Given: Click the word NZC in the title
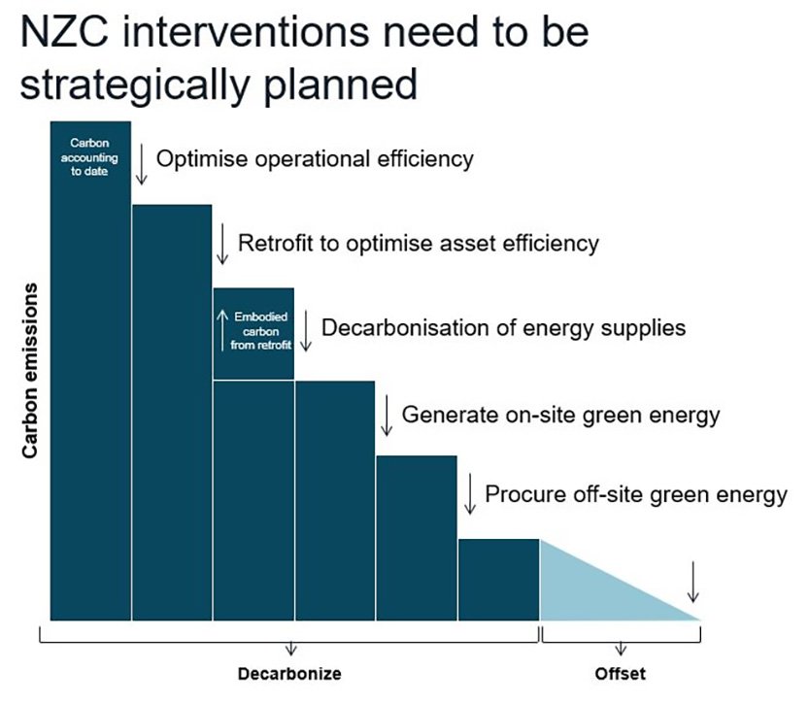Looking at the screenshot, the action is coord(64,32).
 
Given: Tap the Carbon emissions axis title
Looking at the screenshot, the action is coord(30,370).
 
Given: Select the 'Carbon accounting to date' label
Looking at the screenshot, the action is coord(89,156).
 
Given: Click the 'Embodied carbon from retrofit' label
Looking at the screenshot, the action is coord(260,330).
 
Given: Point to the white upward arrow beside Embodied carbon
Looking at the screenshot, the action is coord(222,330).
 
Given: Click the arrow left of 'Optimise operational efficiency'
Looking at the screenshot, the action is coord(141,164).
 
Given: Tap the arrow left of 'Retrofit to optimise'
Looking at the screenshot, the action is coord(222,244).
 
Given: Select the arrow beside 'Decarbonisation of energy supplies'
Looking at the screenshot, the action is coord(306,330).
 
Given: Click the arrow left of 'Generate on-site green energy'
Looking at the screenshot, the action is coord(387,416).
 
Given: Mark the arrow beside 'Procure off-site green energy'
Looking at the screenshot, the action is coord(469,493).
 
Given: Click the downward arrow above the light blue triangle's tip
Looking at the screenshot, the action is coord(693,582).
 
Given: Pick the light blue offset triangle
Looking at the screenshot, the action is coord(593,593).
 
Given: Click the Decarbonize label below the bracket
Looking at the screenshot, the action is coord(289,674).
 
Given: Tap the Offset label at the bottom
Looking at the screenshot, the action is coord(621,674).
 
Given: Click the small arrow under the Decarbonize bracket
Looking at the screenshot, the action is coord(291,649).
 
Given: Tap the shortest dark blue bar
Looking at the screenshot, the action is coord(499,580).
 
